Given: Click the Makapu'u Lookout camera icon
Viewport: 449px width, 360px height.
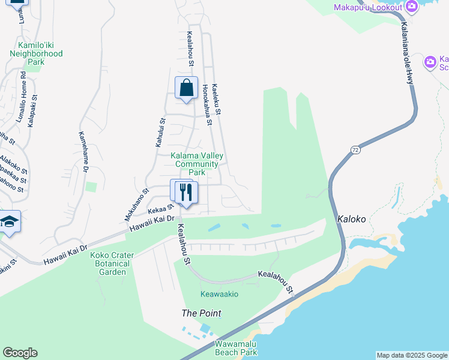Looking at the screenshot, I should click(411, 7).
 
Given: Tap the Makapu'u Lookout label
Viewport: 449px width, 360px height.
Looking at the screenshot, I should click(368, 7).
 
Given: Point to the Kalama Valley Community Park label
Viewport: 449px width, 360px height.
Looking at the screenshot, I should click(197, 164).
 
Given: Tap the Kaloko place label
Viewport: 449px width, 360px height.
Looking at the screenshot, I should click(351, 219).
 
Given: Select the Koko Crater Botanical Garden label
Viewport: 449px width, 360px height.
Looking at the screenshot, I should click(112, 263).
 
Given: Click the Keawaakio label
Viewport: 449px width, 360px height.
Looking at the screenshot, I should click(219, 294).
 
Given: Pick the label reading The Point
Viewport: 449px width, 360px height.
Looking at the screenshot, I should click(202, 313).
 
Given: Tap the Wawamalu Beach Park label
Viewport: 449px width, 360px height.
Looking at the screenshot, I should click(236, 348).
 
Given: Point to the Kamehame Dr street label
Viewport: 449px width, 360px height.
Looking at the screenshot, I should click(83, 152).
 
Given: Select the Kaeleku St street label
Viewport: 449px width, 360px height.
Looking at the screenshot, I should click(217, 99).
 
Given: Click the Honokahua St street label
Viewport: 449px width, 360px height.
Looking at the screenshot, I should click(207, 105).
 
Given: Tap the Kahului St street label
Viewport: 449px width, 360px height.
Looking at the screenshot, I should click(160, 133).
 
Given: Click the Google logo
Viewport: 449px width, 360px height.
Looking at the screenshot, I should click(20, 353).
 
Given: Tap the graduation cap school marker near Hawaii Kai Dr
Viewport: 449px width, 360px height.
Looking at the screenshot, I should click(10, 223).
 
